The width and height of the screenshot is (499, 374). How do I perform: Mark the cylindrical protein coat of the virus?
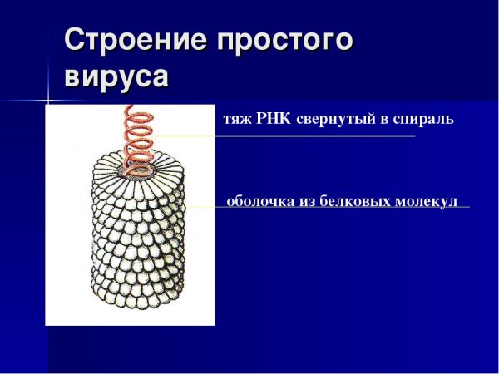pyautogui.click(x=132, y=241)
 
